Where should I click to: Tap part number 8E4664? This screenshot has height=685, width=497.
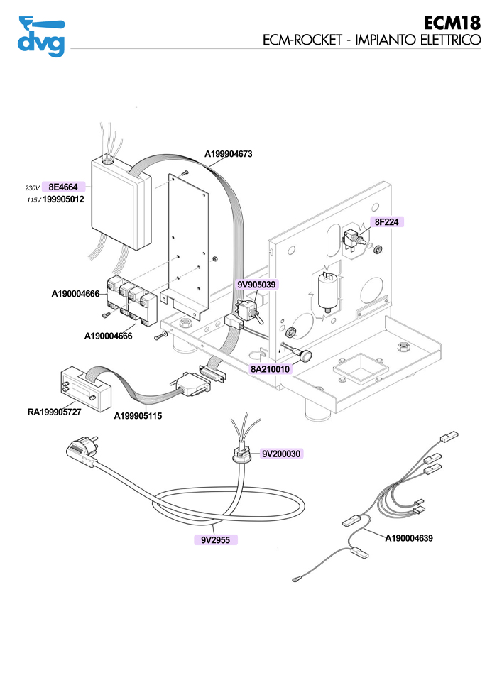(63, 187)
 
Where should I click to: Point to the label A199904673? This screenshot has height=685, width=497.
(229, 153)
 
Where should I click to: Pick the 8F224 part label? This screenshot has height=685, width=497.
(387, 222)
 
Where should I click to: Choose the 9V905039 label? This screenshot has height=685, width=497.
(256, 284)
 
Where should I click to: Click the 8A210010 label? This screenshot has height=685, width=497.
(270, 370)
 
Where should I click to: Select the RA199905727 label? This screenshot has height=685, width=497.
(55, 411)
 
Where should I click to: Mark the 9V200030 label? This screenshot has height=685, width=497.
(281, 454)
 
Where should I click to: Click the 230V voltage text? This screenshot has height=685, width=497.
(32, 187)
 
